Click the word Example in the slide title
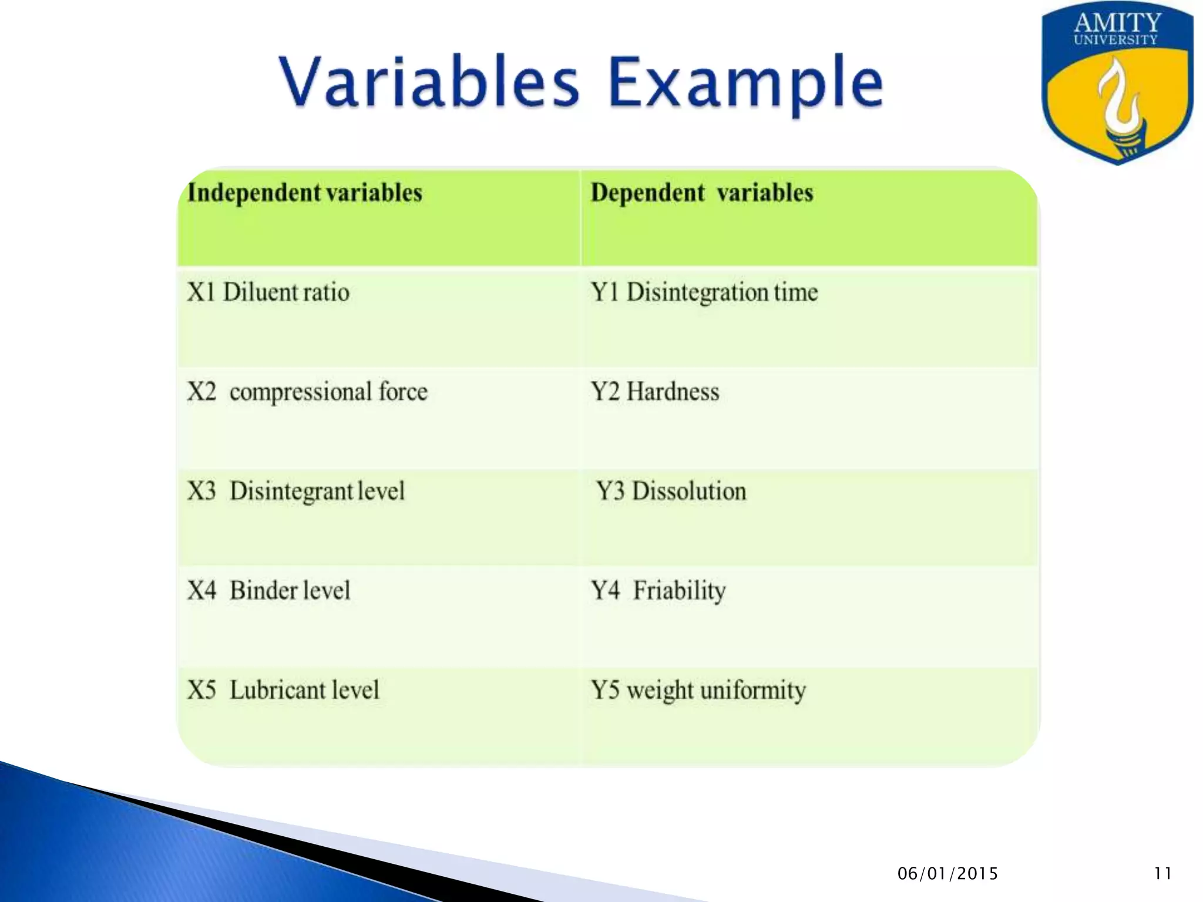pos(745,82)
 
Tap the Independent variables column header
pos(304,193)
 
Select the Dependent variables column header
pos(701,193)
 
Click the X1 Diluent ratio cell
pos(268,292)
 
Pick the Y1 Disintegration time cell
pos(704,292)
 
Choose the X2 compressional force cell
pos(307,392)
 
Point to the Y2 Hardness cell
pos(654,392)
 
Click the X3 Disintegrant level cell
pos(296,491)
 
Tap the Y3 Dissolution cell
pos(671,491)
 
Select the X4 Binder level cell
pos(268,590)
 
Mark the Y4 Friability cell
pos(658,590)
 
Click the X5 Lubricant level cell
pos(283,690)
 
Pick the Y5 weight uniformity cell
pos(698,690)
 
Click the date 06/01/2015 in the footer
pos(947,874)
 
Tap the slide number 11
pos(1162,874)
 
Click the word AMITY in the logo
pos(1117,23)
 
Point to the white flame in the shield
pos(1121,103)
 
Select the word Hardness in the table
pos(673,392)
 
